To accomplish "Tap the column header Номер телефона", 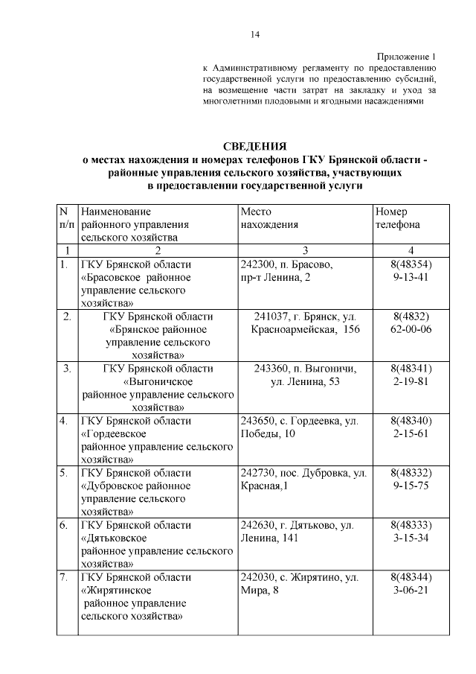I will pyautogui.click(x=397, y=217).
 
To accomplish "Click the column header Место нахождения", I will pyautogui.click(x=269, y=217).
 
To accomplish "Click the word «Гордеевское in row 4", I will pyautogui.click(x=112, y=434).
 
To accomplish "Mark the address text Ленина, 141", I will pyautogui.click(x=268, y=538).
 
